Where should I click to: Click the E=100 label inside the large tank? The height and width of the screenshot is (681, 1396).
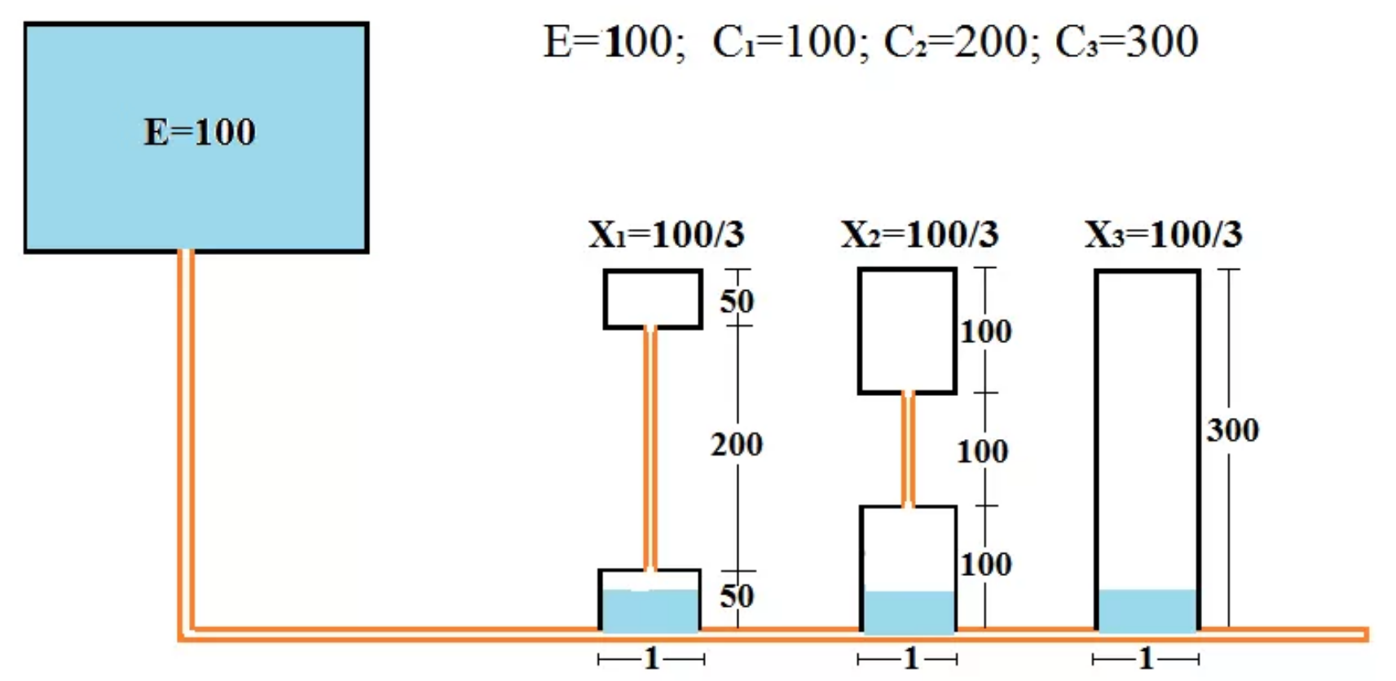(200, 132)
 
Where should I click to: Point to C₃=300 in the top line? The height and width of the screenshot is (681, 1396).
(1126, 42)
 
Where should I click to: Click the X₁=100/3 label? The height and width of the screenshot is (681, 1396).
(667, 235)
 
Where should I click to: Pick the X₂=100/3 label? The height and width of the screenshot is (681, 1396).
(919, 235)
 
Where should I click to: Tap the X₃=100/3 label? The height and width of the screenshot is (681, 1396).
(1163, 235)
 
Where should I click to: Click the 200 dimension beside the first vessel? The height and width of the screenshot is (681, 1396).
(737, 445)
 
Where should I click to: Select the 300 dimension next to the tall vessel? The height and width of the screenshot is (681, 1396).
(1233, 430)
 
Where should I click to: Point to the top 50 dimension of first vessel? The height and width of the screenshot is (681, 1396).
(737, 301)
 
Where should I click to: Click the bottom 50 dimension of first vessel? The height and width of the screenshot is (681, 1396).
(737, 596)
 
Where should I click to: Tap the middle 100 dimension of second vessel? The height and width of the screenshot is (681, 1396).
(983, 451)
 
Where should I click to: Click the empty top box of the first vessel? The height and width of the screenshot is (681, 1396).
(653, 299)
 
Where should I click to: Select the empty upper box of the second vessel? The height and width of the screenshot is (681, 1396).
(907, 331)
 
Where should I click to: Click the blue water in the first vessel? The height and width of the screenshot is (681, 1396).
(650, 609)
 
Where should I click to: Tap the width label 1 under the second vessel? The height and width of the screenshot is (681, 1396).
(910, 658)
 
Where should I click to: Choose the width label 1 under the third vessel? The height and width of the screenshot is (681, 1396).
(1146, 658)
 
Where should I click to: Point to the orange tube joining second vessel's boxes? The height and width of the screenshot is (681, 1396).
(908, 450)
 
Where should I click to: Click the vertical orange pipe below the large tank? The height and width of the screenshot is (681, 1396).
(186, 440)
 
